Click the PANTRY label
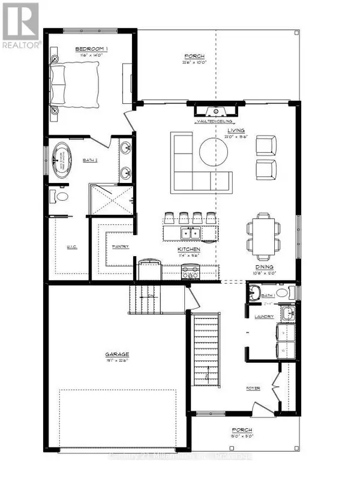(x=121, y=246)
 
